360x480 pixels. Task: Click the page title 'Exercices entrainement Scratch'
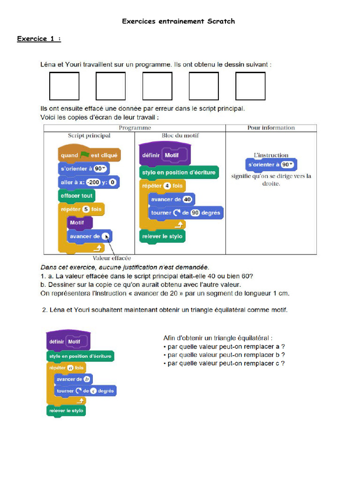(x=178, y=21)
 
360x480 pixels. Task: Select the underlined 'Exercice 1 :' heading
(x=39, y=38)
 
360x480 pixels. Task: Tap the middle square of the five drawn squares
(x=157, y=86)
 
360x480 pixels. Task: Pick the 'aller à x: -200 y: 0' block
(x=88, y=182)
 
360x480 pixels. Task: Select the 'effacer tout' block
(x=76, y=195)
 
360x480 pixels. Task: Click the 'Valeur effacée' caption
(x=112, y=258)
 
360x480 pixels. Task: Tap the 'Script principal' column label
(x=89, y=135)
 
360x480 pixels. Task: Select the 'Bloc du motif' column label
(x=180, y=135)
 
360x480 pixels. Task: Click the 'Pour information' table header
(x=271, y=127)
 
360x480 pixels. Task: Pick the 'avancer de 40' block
(x=171, y=199)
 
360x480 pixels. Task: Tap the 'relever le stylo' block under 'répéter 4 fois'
(x=162, y=236)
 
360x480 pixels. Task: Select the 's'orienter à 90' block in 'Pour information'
(x=271, y=165)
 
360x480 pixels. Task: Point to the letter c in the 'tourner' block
(x=93, y=391)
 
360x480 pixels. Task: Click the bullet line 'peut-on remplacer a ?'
(x=224, y=346)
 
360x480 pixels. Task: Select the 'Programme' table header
(x=135, y=127)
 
